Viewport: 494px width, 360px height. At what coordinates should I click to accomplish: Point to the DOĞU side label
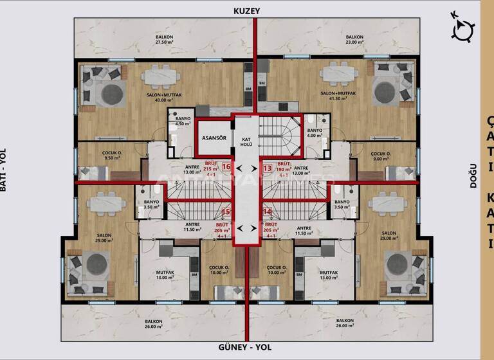(x=473, y=174)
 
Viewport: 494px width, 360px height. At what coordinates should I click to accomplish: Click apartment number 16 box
(x=226, y=167)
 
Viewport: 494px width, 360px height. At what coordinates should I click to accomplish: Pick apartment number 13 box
(x=268, y=167)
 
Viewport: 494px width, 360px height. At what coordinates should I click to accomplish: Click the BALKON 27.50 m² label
(x=164, y=40)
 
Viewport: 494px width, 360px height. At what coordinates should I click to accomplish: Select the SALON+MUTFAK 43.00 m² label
(x=143, y=96)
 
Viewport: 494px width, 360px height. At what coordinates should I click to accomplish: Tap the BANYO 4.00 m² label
(x=315, y=132)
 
